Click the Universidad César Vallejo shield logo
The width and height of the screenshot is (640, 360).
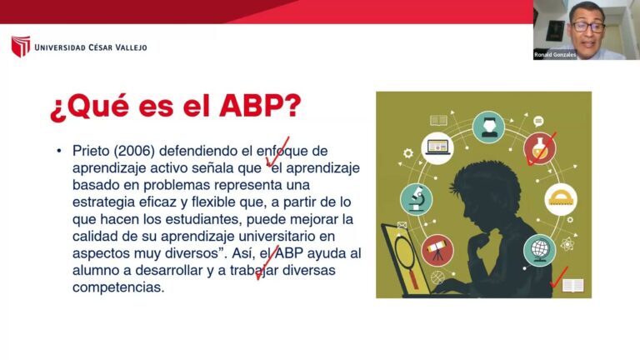(21, 46)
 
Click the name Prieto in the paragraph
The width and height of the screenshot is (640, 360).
(91, 151)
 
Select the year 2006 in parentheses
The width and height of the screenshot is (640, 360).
(134, 151)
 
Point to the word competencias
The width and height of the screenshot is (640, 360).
(118, 287)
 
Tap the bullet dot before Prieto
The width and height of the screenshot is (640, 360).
(59, 151)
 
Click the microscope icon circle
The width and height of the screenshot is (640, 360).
(416, 199)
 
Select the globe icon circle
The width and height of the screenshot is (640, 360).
(540, 250)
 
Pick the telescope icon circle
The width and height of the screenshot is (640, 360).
(437, 250)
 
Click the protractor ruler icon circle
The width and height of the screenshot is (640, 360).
(560, 199)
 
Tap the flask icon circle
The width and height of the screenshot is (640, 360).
(540, 148)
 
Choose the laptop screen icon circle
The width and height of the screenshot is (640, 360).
(437, 148)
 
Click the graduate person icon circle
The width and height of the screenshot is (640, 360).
(488, 127)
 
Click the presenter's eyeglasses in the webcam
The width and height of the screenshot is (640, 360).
(588, 27)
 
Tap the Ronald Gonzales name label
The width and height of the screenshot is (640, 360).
(555, 55)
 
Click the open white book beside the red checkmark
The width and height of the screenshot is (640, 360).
(573, 285)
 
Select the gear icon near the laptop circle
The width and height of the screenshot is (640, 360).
(407, 153)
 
